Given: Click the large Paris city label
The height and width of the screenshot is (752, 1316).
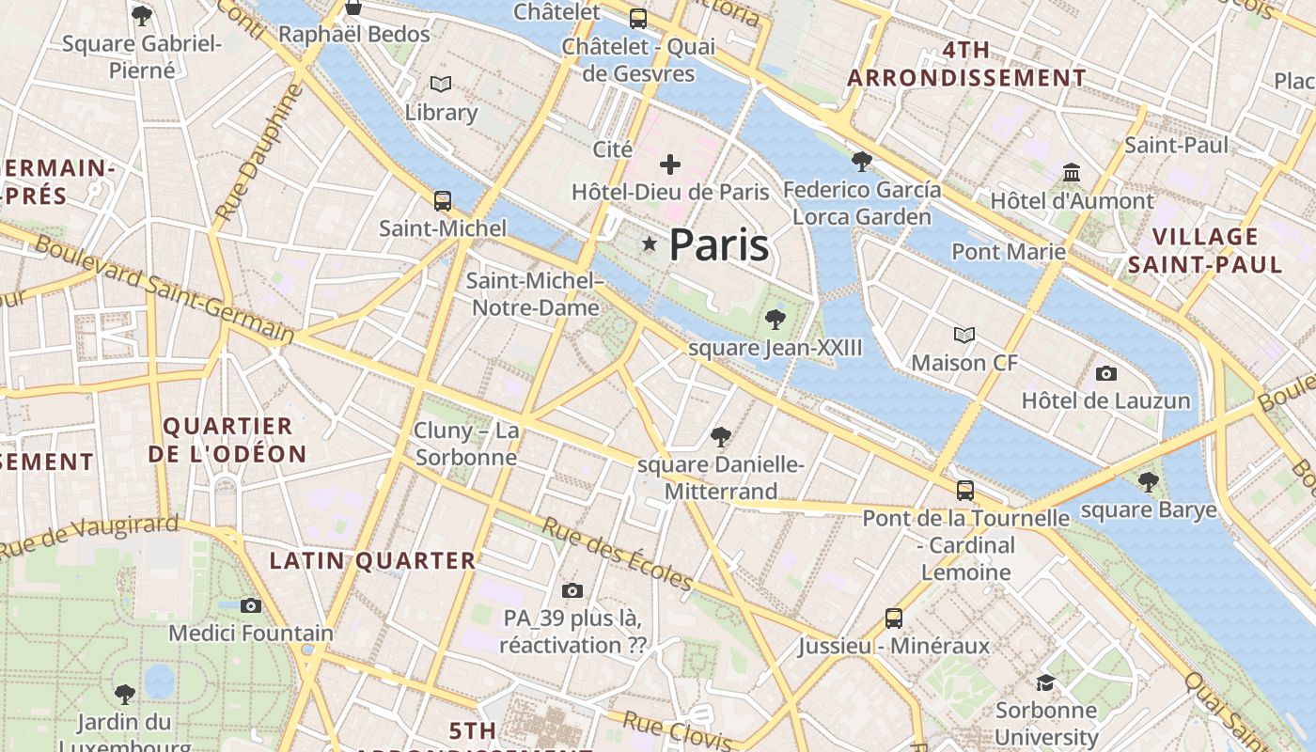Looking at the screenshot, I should [x=719, y=245].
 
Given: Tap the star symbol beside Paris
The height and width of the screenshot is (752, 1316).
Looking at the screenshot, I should [x=649, y=244].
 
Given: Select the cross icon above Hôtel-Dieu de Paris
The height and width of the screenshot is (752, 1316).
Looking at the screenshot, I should [x=670, y=165].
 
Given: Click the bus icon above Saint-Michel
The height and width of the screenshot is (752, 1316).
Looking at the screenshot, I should [x=442, y=200].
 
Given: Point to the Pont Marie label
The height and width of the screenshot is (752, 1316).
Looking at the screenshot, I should [x=1009, y=252].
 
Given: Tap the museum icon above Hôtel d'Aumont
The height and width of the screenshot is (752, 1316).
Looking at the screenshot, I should [x=1072, y=173].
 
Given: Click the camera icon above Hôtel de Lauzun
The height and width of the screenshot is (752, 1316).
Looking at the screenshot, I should [x=1106, y=373].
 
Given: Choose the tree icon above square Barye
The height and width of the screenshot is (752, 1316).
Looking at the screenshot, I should [x=1148, y=482].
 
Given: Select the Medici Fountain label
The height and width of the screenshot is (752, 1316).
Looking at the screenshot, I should [x=251, y=633].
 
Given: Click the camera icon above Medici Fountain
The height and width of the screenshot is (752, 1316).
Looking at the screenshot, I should [x=251, y=605].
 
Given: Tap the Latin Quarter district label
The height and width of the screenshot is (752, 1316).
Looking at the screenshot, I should [x=373, y=561].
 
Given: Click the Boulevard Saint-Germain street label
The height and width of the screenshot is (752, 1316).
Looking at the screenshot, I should [x=164, y=288].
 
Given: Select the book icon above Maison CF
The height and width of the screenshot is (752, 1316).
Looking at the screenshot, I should [x=964, y=335].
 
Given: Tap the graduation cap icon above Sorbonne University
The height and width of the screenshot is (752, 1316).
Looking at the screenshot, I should [x=1045, y=682].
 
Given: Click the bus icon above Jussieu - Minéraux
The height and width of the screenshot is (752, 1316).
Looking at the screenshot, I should [x=894, y=619].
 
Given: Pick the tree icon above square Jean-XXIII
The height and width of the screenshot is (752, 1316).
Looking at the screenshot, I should [x=775, y=320].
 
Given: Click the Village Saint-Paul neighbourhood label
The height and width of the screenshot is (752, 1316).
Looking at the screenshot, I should [x=1205, y=250].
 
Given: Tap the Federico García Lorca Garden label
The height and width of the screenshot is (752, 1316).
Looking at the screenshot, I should [x=862, y=203].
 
